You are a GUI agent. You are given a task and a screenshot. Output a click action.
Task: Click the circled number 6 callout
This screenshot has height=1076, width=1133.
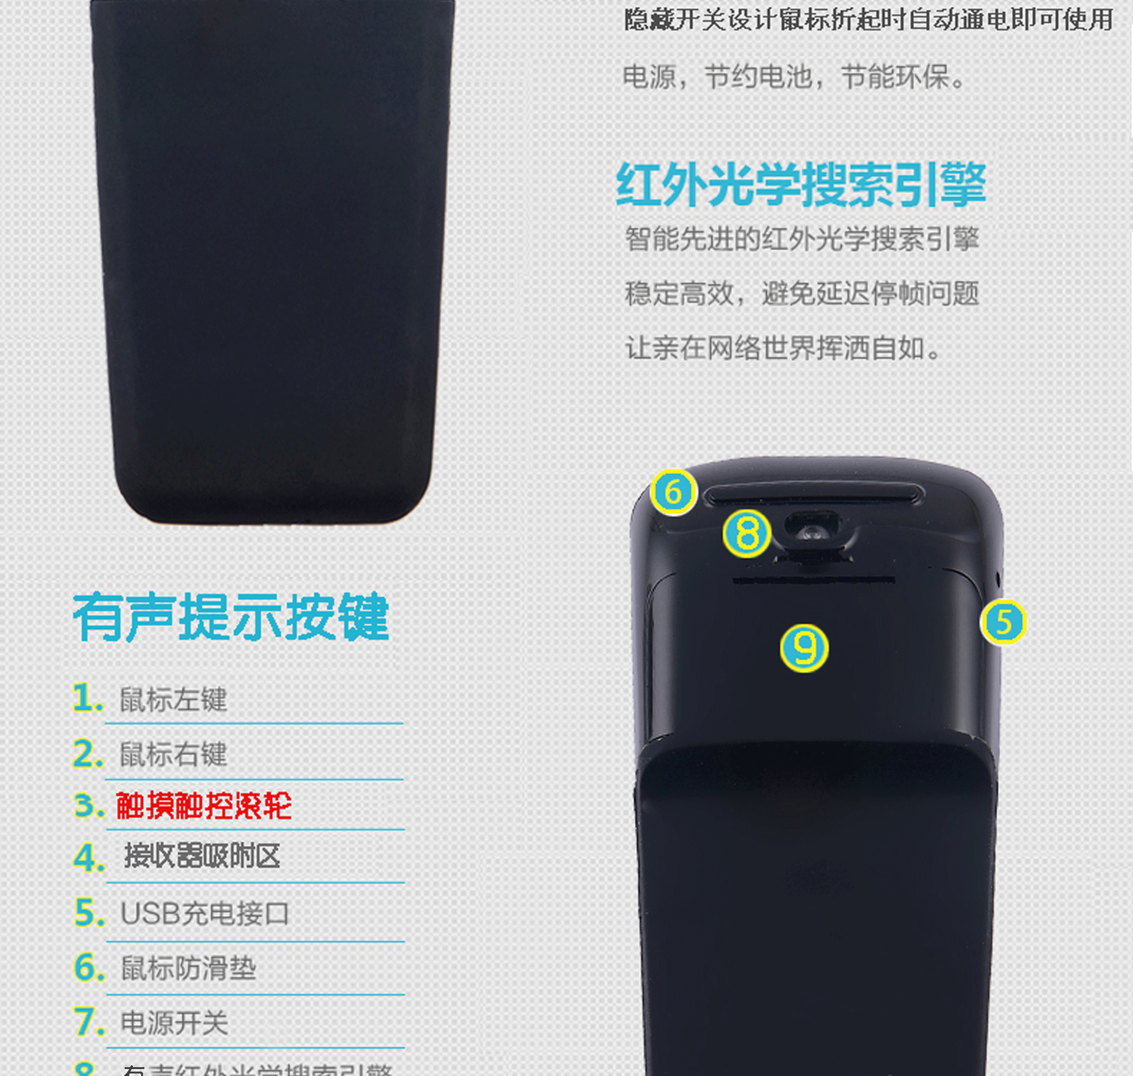click(673, 492)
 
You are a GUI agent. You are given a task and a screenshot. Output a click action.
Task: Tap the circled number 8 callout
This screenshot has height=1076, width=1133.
click(748, 533)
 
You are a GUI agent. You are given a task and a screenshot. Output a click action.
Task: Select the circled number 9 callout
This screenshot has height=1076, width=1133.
click(804, 647)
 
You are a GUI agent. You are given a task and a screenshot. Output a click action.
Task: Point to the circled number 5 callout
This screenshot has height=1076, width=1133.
click(1003, 622)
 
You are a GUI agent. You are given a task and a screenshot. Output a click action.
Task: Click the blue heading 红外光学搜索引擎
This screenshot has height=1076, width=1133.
click(801, 184)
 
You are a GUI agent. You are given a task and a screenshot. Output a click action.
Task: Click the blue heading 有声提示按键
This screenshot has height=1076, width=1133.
click(231, 617)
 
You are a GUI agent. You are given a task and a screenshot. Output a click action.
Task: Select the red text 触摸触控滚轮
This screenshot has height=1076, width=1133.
click(204, 806)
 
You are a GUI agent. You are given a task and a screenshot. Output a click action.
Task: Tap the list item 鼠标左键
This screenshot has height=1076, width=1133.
click(173, 699)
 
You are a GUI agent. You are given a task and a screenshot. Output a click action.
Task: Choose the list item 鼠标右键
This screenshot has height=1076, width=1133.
click(173, 754)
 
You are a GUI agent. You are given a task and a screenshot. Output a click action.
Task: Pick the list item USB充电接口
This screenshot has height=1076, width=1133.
click(204, 913)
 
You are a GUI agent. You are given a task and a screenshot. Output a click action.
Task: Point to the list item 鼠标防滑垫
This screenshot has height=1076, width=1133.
click(189, 968)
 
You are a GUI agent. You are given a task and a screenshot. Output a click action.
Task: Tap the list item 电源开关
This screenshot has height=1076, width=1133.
click(174, 1023)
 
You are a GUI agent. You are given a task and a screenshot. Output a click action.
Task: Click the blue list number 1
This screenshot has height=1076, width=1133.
click(87, 698)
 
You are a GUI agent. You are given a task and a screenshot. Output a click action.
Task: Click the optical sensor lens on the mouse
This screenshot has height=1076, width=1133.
click(813, 532)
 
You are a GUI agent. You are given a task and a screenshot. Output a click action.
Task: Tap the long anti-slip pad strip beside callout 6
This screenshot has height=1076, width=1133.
click(814, 494)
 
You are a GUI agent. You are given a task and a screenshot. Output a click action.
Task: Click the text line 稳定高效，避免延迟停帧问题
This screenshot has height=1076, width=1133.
click(802, 294)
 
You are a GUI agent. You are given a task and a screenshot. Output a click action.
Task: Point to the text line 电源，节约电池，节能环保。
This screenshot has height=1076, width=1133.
click(794, 77)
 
